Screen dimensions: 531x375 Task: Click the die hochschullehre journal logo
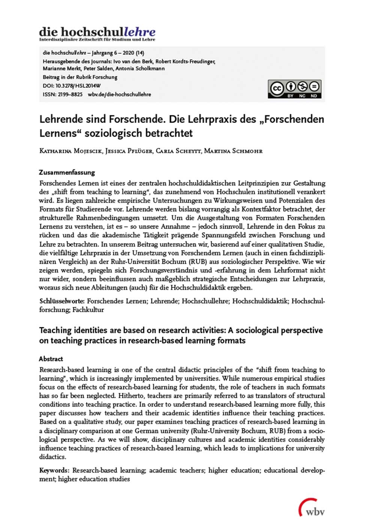coord(97,33)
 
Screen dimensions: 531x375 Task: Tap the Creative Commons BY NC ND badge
coord(294,89)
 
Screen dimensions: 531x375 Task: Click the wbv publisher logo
coord(312,508)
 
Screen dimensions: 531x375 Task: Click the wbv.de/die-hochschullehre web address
coord(119,94)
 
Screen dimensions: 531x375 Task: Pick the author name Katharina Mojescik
coord(70,151)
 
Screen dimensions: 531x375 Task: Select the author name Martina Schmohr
coord(233,151)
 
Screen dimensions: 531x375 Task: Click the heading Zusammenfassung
coord(67,172)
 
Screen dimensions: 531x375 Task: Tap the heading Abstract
coord(51,359)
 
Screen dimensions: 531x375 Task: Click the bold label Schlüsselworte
coord(62,301)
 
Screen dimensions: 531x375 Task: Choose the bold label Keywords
coord(54,470)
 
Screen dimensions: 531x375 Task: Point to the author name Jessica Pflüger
coord(129,151)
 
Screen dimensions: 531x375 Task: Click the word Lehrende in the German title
coord(61,119)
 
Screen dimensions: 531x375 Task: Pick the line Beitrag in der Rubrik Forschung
coord(80,77)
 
